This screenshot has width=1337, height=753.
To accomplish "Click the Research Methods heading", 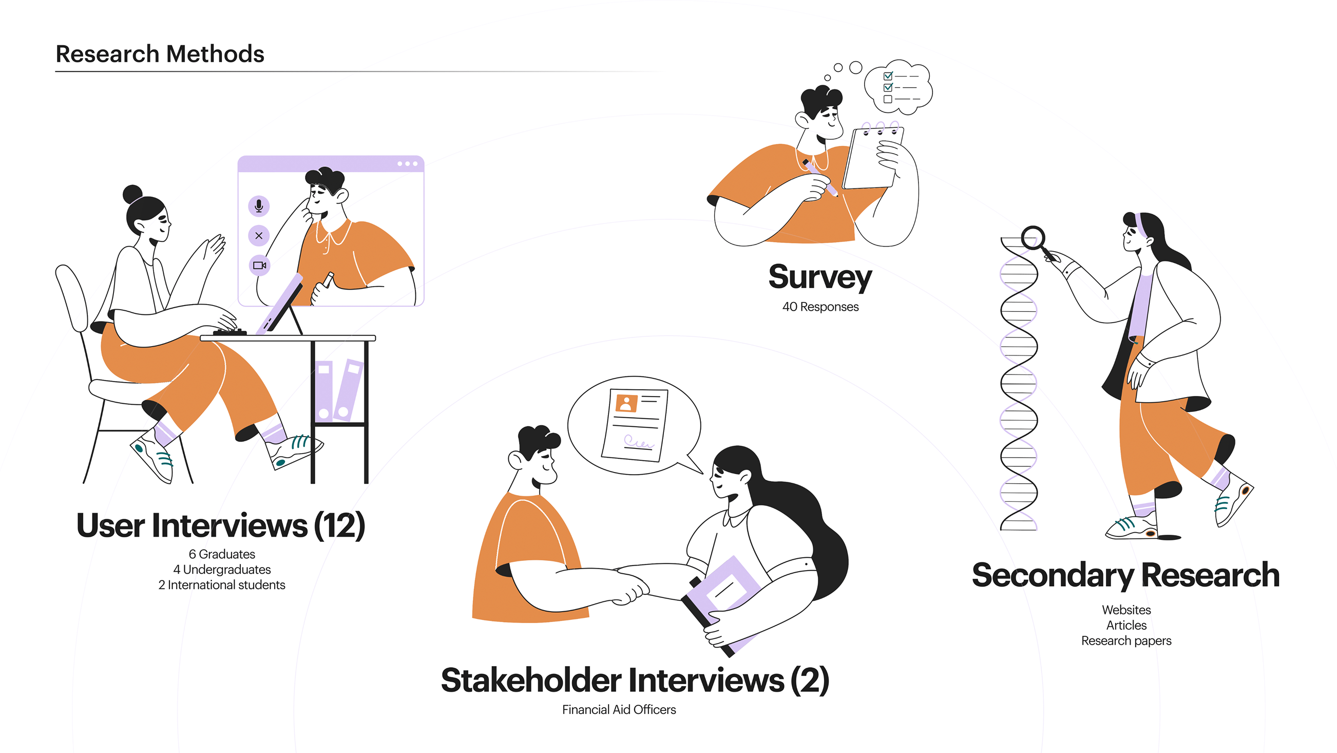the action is click(160, 54).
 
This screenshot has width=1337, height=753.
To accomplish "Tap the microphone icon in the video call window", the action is click(259, 206).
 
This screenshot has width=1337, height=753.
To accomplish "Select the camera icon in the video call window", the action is click(259, 266).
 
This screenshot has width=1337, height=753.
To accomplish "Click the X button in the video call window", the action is click(259, 236).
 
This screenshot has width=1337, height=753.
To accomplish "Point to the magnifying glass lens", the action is click(1033, 237).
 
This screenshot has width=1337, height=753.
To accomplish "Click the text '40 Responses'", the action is click(820, 307).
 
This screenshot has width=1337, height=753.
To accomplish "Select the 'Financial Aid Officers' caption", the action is click(619, 710).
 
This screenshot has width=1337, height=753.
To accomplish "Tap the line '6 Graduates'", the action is click(222, 554).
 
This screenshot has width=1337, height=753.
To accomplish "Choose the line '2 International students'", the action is click(222, 585).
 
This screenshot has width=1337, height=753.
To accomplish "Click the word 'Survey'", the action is click(820, 278).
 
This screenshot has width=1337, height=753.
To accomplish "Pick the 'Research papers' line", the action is click(1126, 641).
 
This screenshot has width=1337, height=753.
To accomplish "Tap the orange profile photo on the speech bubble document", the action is click(626, 403).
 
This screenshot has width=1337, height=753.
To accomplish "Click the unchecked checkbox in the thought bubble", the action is click(888, 99).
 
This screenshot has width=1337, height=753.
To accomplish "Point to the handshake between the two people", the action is click(631, 587).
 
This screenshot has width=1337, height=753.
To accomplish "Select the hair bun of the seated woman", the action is click(132, 194).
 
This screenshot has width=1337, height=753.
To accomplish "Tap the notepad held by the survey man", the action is click(873, 157).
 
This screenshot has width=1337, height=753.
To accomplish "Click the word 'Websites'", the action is click(1126, 610).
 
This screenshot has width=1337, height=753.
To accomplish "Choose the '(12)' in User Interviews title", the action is click(339, 525).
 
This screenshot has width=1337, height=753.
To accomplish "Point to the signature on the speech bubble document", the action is click(638, 442).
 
